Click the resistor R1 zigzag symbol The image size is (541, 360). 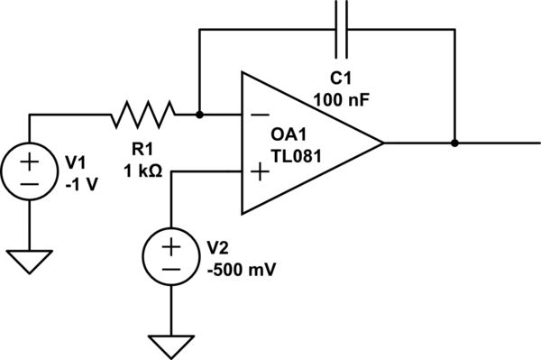click(x=142, y=115)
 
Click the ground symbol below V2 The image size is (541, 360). click(x=170, y=345)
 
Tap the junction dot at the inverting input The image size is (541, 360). click(x=199, y=115)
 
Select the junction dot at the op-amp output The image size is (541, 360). click(x=454, y=143)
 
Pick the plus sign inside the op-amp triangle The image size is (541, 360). click(x=259, y=171)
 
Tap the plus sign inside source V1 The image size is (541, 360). click(x=30, y=161)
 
